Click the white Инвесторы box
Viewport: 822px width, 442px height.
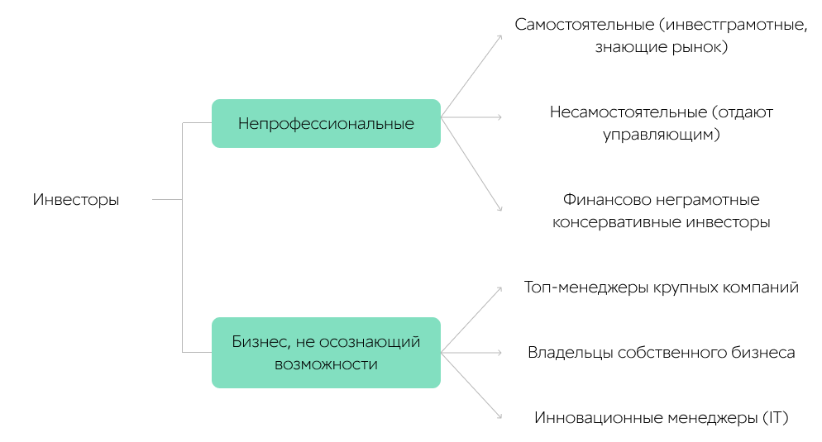75,199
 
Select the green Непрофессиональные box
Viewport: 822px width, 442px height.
326,124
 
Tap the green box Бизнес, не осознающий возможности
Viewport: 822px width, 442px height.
326,353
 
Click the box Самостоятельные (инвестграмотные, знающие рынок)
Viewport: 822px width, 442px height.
661,36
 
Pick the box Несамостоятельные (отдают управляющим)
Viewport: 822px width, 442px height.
661,123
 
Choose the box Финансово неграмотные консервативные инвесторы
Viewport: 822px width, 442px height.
661,211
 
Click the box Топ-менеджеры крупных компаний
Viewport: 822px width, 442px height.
661,288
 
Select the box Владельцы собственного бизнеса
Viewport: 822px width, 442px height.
661,353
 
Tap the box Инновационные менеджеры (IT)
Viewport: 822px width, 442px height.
661,418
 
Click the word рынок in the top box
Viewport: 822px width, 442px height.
702,47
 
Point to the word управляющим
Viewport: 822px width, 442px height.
661,135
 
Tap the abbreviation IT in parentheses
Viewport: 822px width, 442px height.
775,418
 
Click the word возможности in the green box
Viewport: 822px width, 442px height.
326,364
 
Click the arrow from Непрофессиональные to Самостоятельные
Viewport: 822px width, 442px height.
471,76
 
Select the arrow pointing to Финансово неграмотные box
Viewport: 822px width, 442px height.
471,164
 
